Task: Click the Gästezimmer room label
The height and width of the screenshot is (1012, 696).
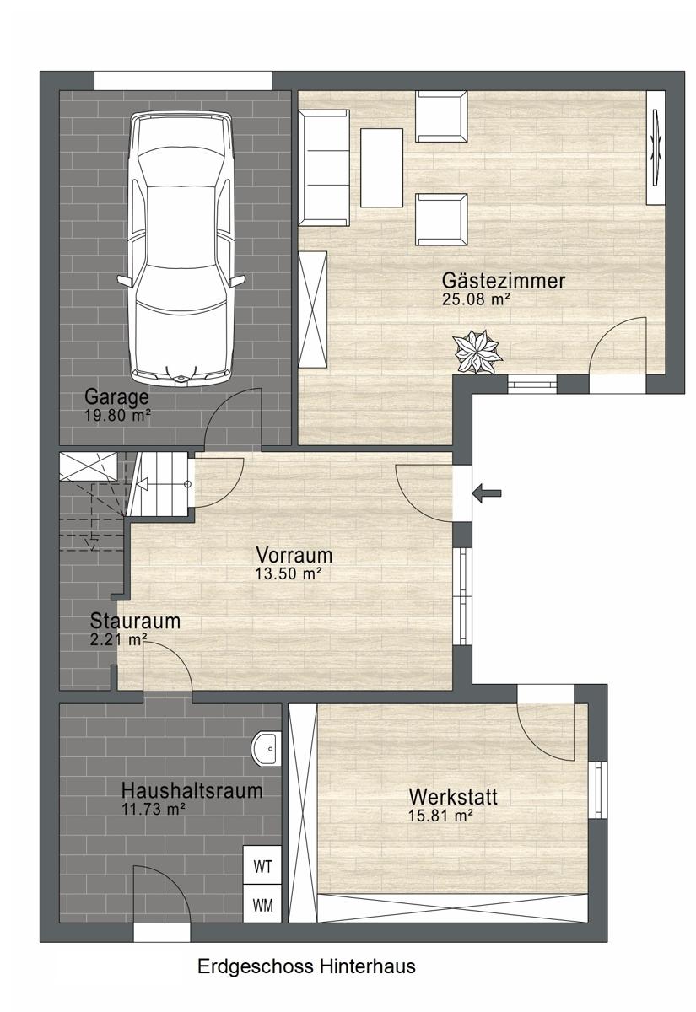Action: pyautogui.click(x=504, y=281)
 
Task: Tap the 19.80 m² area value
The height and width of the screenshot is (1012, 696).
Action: pyautogui.click(x=117, y=415)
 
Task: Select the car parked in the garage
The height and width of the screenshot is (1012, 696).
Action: pyautogui.click(x=181, y=246)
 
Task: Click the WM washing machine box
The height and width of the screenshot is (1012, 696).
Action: pyautogui.click(x=262, y=905)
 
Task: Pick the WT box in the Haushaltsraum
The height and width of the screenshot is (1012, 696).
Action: pyautogui.click(x=262, y=867)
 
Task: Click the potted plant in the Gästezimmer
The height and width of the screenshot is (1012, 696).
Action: pyautogui.click(x=477, y=353)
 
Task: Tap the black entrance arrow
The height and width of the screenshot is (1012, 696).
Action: pyautogui.click(x=486, y=493)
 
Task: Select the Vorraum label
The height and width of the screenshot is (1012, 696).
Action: pyautogui.click(x=294, y=555)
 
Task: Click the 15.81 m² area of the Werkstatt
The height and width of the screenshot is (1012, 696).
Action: pyautogui.click(x=441, y=816)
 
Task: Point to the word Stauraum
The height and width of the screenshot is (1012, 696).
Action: pyautogui.click(x=135, y=621)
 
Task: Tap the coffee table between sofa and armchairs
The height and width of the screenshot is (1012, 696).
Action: pyautogui.click(x=381, y=168)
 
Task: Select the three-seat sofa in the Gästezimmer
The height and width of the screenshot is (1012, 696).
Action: pyautogui.click(x=324, y=168)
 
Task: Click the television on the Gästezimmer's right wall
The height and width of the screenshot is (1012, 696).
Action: pyautogui.click(x=656, y=148)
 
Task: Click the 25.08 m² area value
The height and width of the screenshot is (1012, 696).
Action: pyautogui.click(x=477, y=299)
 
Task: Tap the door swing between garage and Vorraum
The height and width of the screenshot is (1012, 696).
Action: pyautogui.click(x=233, y=417)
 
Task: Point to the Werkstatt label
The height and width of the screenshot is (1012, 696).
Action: pyautogui.click(x=453, y=796)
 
